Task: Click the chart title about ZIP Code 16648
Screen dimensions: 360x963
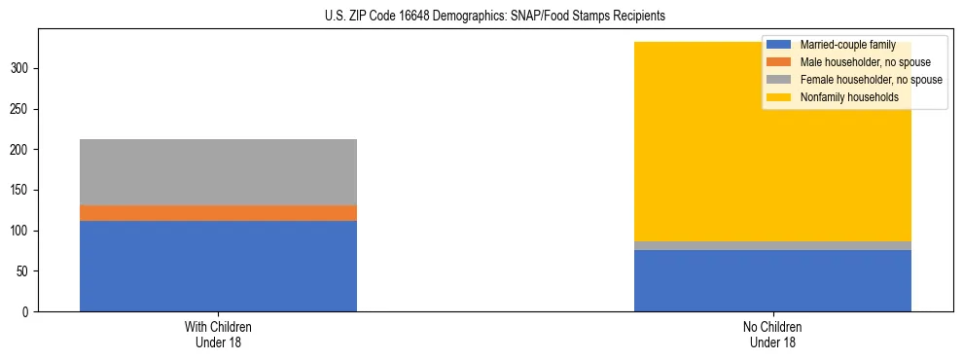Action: pyautogui.click(x=495, y=17)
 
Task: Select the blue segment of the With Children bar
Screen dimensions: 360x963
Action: pyautogui.click(x=218, y=266)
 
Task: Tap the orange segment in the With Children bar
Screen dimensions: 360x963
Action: pyautogui.click(x=218, y=213)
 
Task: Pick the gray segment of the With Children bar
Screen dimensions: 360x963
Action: pyautogui.click(x=218, y=172)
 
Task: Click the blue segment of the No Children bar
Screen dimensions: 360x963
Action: pyautogui.click(x=772, y=281)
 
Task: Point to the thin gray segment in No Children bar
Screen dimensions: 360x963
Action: pyautogui.click(x=772, y=246)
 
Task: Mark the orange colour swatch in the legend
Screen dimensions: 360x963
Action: pyautogui.click(x=779, y=62)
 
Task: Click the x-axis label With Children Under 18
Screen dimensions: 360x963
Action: pyautogui.click(x=218, y=334)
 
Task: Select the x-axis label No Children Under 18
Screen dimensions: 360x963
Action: pyautogui.click(x=772, y=334)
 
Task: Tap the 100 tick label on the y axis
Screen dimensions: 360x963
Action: pyautogui.click(x=22, y=231)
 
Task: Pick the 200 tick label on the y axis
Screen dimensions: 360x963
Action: pyautogui.click(x=22, y=150)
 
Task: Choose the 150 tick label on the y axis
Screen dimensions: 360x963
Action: pyautogui.click(x=22, y=191)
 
